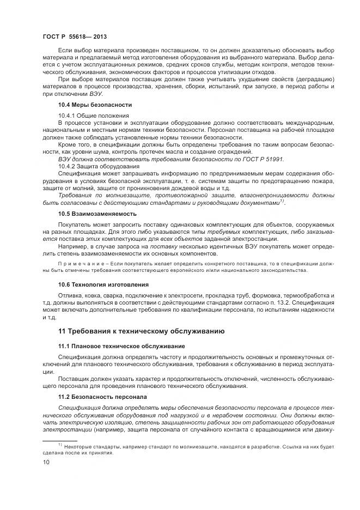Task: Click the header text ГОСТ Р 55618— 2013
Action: (x=74, y=37)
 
